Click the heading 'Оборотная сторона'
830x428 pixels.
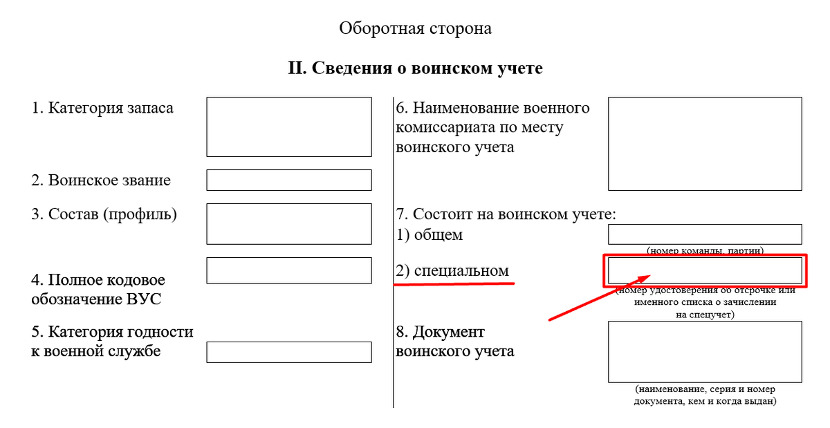point(415,28)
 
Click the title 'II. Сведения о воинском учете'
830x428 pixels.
point(415,68)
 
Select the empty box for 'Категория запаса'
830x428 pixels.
point(288,127)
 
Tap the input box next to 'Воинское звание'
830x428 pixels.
point(288,180)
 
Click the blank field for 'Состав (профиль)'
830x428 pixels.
point(288,223)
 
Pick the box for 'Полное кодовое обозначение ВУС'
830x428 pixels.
point(288,270)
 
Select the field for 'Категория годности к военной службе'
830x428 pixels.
point(288,352)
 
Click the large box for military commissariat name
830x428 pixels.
point(705,144)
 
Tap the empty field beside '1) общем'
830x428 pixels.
point(705,234)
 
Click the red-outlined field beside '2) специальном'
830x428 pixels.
point(705,270)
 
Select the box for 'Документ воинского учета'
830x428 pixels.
point(705,351)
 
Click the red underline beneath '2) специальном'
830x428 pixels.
point(454,283)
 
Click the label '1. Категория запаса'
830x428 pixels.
point(102,108)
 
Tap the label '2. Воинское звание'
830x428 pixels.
point(101,180)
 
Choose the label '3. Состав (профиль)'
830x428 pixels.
point(104,214)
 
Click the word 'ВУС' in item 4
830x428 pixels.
point(146,299)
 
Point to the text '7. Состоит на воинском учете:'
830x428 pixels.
point(506,214)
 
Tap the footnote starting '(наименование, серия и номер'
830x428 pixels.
point(705,390)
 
